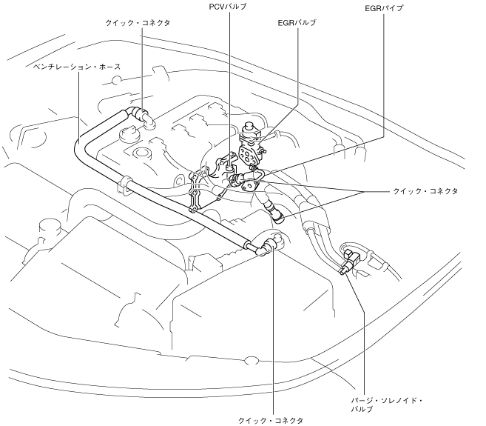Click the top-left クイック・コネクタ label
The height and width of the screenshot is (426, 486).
coord(138,23)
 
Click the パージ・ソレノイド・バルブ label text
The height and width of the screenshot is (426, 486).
coord(387,404)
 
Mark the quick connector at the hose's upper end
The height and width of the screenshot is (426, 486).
coord(139,113)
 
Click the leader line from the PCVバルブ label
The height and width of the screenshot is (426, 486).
coord(229,74)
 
